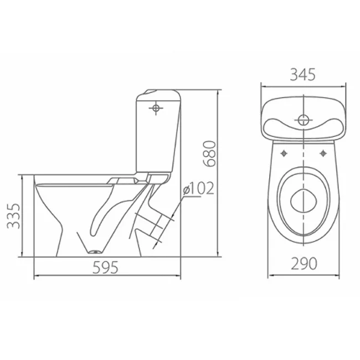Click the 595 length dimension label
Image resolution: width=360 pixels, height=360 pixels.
(105, 268)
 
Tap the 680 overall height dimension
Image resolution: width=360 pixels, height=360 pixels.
(209, 153)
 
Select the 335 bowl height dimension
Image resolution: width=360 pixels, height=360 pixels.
(13, 216)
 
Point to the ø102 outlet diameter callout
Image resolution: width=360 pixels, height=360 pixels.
(199, 188)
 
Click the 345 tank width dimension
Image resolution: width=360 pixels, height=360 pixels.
(303, 75)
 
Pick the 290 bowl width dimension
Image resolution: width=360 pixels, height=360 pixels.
(304, 263)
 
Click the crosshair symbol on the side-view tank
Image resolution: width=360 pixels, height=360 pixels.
(156, 108)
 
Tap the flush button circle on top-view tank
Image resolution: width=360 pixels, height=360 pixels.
(304, 120)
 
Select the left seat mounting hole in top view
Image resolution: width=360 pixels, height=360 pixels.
(284, 153)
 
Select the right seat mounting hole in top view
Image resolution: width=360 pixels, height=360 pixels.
(323, 153)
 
